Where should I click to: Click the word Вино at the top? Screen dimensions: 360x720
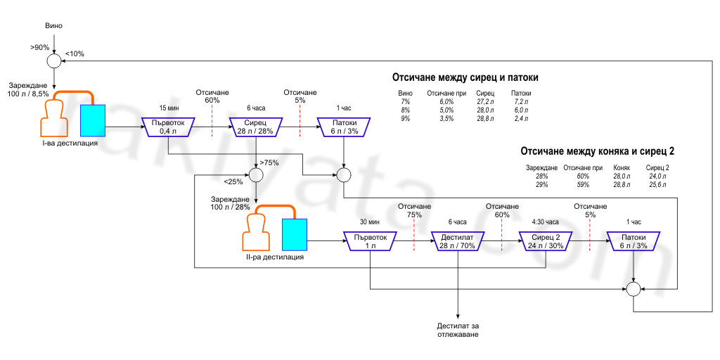[x=54, y=26]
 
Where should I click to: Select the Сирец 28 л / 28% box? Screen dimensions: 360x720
[x=255, y=127]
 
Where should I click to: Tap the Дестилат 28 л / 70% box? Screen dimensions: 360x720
[x=458, y=241]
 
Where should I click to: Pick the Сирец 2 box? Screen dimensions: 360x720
[x=546, y=241]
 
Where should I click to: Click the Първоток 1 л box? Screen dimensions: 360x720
[x=370, y=241]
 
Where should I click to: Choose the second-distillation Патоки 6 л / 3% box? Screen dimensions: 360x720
[x=634, y=241]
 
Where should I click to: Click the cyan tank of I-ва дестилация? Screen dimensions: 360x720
[x=93, y=120]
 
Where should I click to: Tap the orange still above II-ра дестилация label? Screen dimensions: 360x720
[x=257, y=231]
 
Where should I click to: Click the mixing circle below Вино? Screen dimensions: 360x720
[x=54, y=62]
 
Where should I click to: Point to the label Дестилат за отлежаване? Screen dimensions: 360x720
[x=458, y=330]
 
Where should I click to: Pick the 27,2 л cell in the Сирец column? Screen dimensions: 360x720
[x=485, y=102]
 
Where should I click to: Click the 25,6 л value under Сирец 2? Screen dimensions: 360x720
[x=656, y=184]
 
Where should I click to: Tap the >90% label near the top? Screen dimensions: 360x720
[x=39, y=48]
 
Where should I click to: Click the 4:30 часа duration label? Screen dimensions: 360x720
[x=545, y=221]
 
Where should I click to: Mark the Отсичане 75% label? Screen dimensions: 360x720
[x=413, y=210]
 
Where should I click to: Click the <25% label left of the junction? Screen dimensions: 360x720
[x=233, y=182]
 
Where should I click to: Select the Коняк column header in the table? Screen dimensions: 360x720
[x=622, y=168]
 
